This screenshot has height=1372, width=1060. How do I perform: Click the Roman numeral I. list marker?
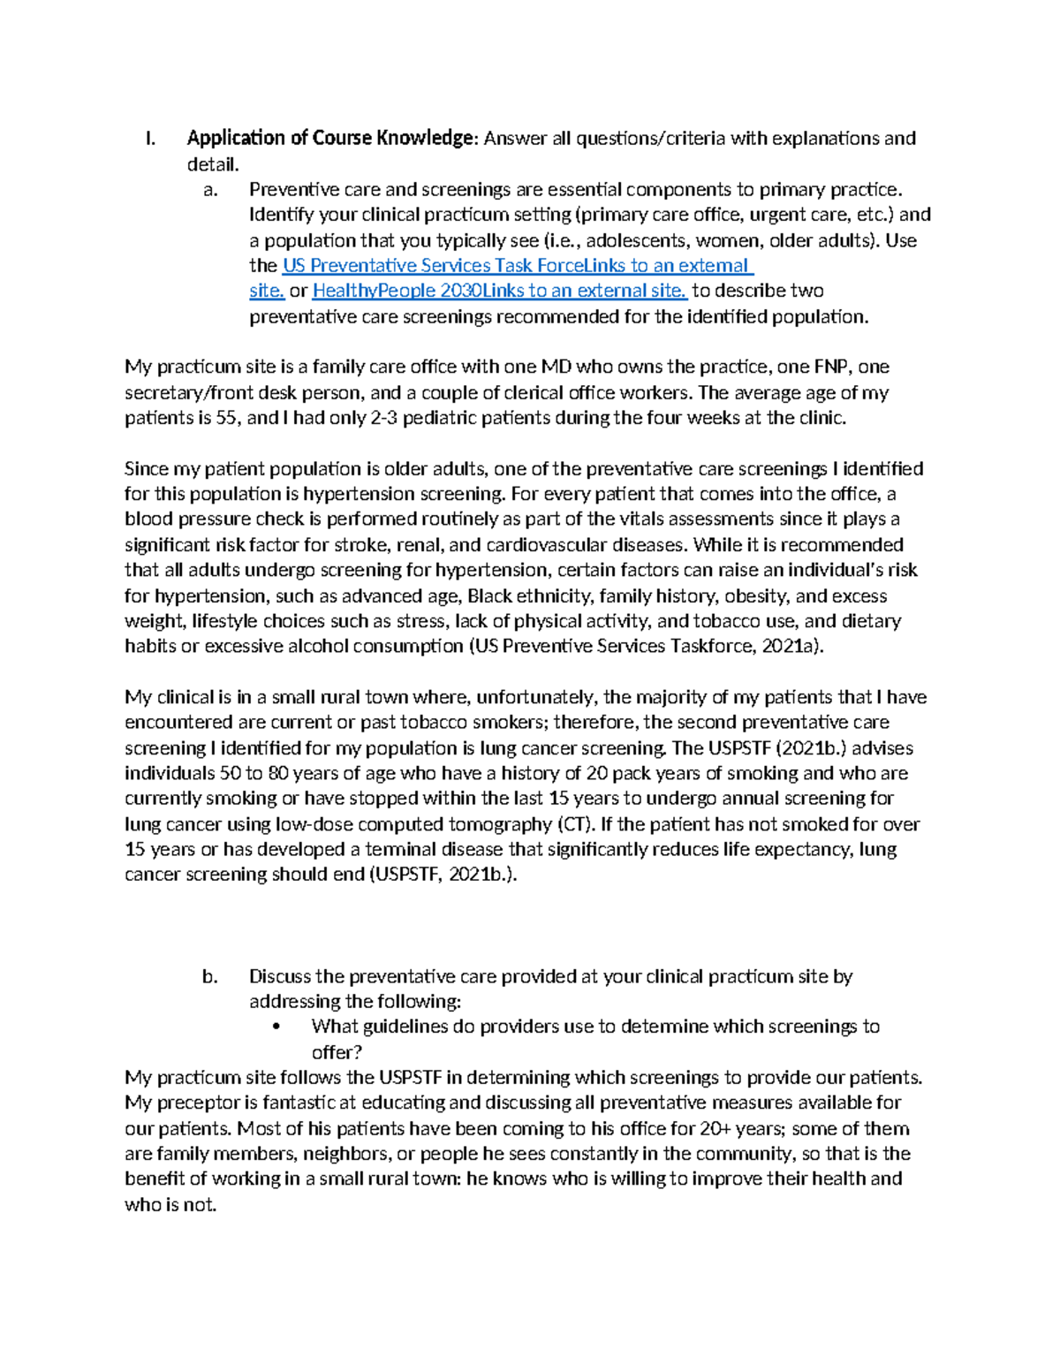coord(150,139)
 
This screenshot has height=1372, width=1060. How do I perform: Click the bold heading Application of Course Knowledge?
coord(330,139)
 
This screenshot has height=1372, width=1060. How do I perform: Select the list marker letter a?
coord(209,190)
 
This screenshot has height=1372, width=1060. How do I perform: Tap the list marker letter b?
coord(209,977)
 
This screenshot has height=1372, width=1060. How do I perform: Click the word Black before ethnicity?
coord(489,596)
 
